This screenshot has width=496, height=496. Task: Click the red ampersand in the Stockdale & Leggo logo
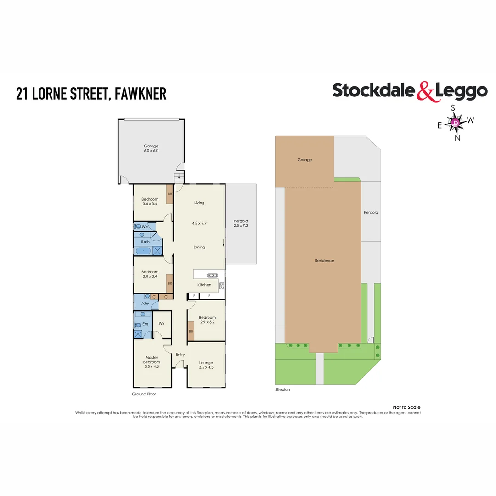pyautogui.click(x=425, y=91)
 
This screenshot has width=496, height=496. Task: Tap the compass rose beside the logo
pyautogui.click(x=455, y=123)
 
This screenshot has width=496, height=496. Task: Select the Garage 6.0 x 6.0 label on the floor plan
pyautogui.click(x=151, y=148)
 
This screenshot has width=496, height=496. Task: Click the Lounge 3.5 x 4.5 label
pyautogui.click(x=206, y=365)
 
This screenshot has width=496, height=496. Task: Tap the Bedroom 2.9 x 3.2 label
pyautogui.click(x=207, y=320)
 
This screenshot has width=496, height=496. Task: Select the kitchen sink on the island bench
pyautogui.click(x=213, y=276)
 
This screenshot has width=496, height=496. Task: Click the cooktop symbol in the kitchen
pyautogui.click(x=221, y=286)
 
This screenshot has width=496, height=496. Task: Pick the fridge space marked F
pyautogui.click(x=194, y=296)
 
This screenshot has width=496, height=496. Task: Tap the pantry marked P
pyautogui.click(x=209, y=296)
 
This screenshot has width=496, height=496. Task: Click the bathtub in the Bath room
pyautogui.click(x=144, y=251)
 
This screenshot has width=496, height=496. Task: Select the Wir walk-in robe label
pyautogui.click(x=161, y=324)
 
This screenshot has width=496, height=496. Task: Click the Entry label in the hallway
pyautogui.click(x=180, y=354)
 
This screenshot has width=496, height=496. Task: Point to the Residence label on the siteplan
pyautogui.click(x=324, y=260)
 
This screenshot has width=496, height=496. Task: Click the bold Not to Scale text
pyautogui.click(x=406, y=407)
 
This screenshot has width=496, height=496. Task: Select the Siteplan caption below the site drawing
pyautogui.click(x=282, y=389)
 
